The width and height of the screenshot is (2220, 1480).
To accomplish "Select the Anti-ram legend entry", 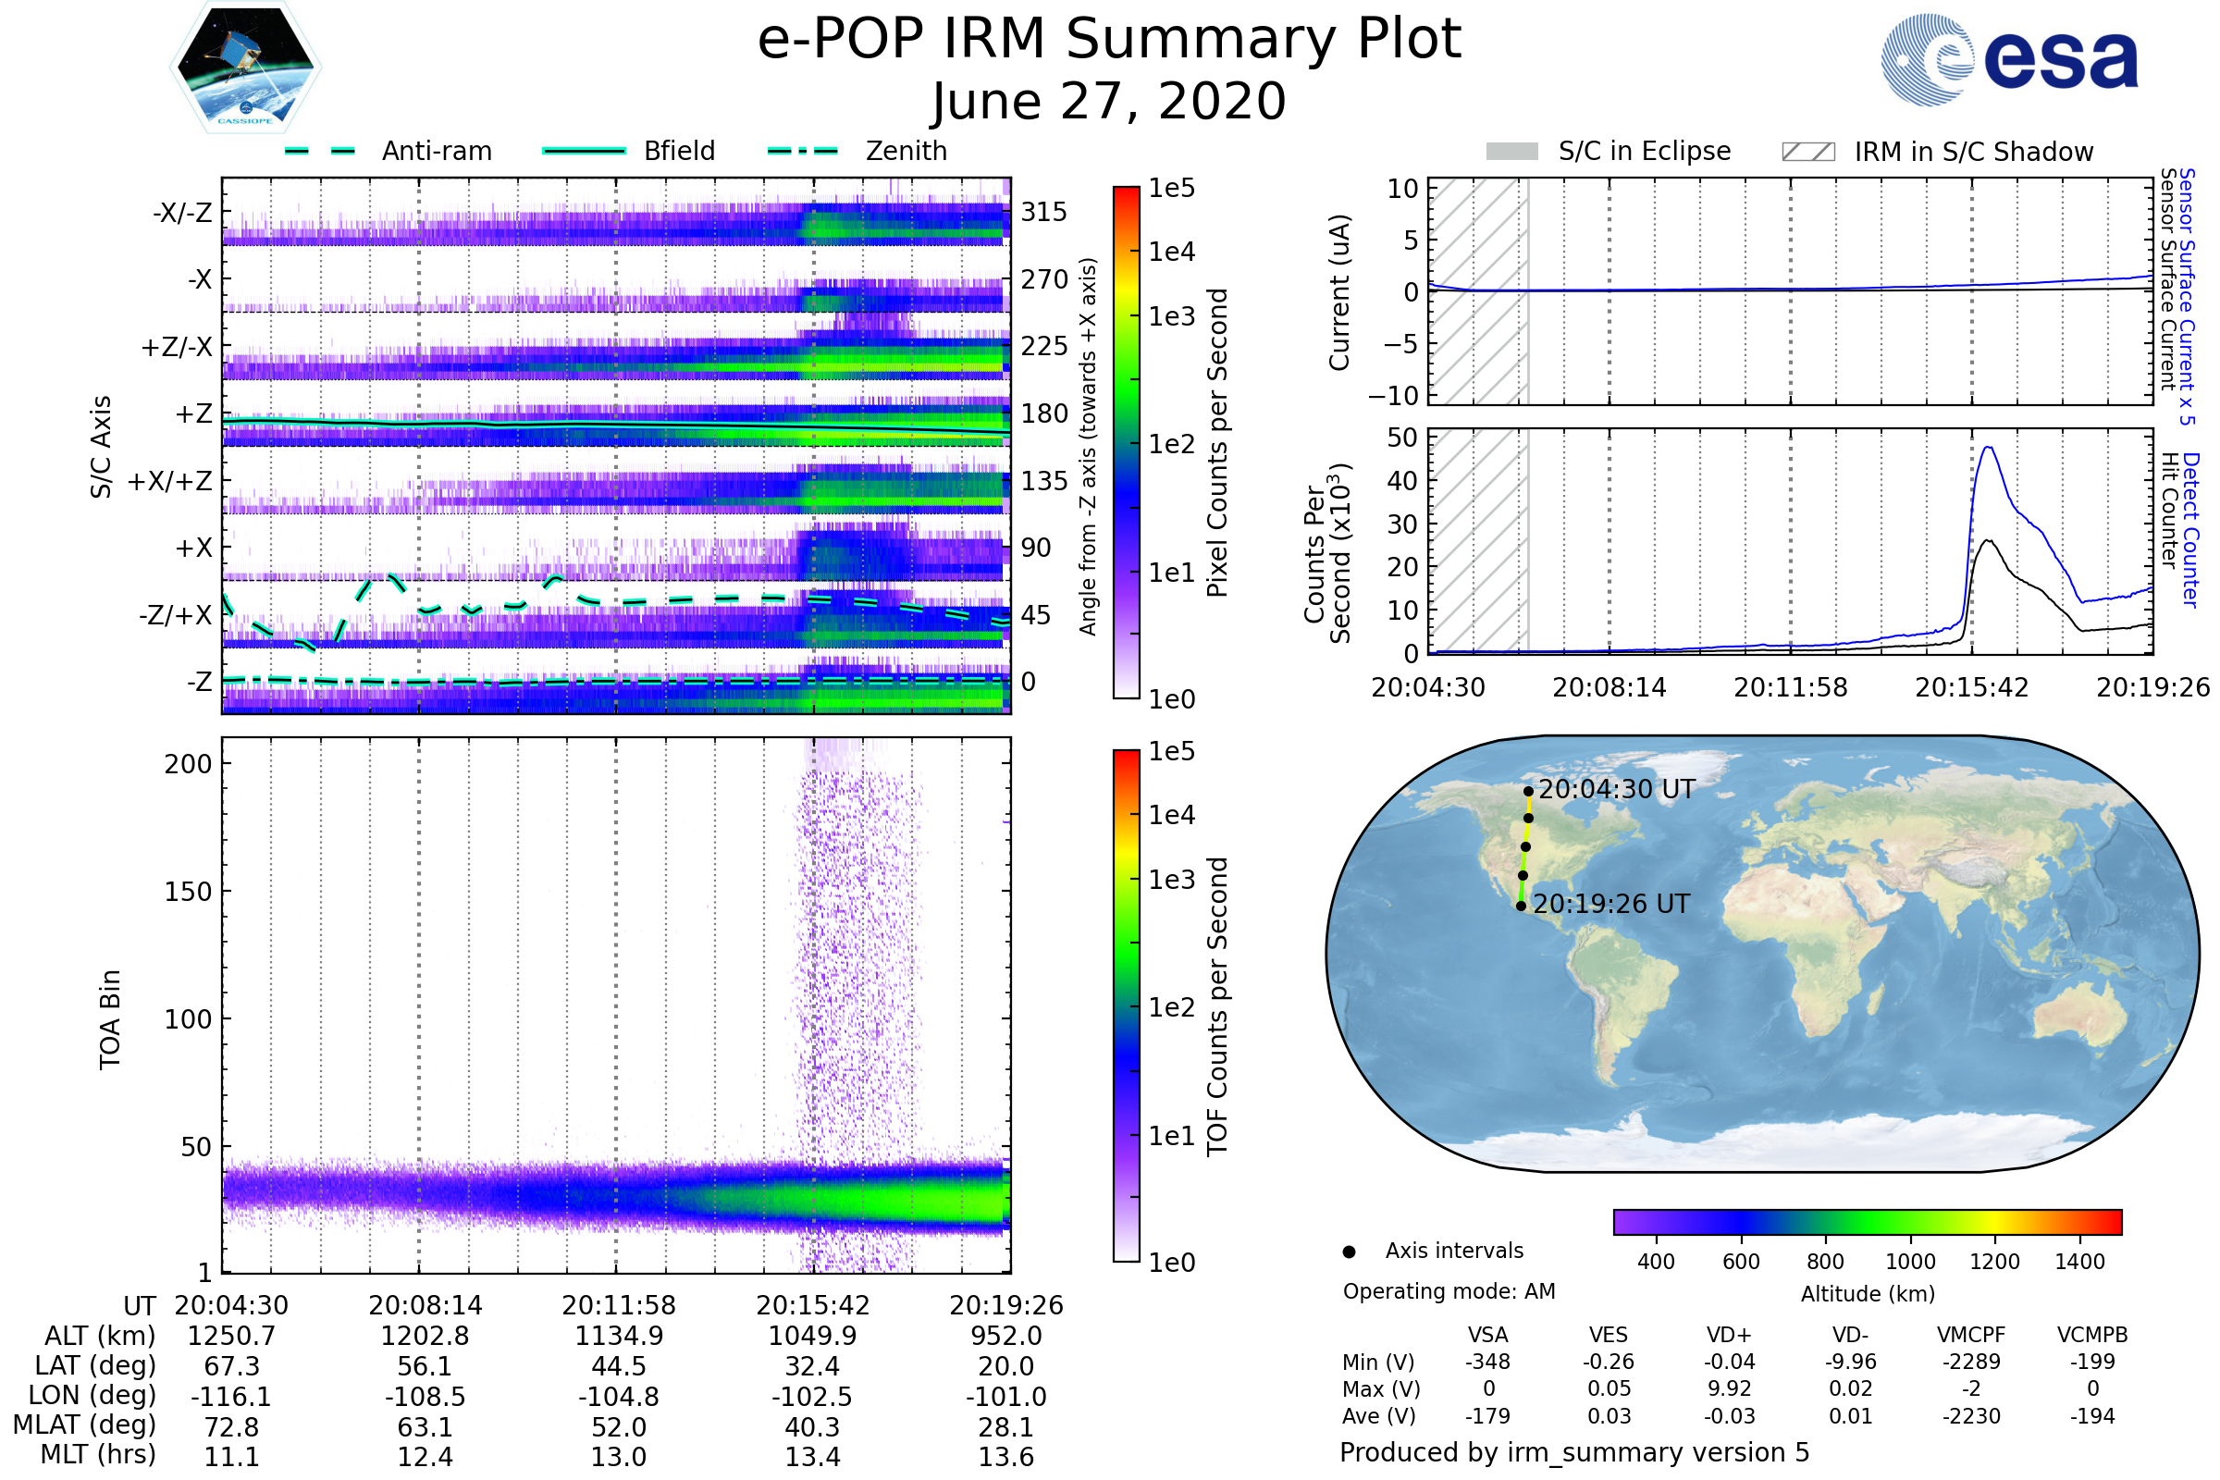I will click(x=388, y=151).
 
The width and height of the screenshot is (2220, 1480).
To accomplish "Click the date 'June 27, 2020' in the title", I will click(x=1109, y=102).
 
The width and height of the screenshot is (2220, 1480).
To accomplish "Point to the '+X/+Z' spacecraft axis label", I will click(x=170, y=481).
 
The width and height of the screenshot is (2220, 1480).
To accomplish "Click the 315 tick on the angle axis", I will click(x=1044, y=212).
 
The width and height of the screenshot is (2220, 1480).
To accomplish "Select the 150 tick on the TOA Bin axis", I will click(x=188, y=892).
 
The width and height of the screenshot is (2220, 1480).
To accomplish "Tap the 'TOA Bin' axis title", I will click(x=110, y=1018).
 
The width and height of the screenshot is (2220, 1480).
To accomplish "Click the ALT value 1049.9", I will click(x=812, y=1337).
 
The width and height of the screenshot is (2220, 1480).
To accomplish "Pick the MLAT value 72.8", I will click(x=231, y=1427).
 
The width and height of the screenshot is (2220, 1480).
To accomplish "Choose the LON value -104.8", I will click(x=618, y=1397).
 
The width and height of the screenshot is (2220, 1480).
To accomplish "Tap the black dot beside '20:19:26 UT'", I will click(x=1522, y=906).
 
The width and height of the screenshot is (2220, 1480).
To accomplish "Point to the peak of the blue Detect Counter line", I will click(x=1990, y=448).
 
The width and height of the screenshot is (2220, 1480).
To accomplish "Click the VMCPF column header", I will click(x=1971, y=1336).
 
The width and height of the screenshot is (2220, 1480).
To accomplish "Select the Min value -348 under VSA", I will click(x=1487, y=1362).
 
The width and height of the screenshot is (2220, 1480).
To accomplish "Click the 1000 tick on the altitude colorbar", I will click(x=1910, y=1262).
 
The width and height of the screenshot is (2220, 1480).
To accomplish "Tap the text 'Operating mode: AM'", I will click(x=1449, y=1291).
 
